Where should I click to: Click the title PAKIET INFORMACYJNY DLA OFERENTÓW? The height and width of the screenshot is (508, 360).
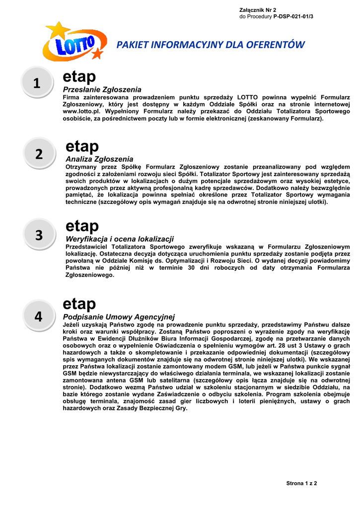coord(210,45)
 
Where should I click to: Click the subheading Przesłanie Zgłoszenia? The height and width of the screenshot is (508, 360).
coord(102,89)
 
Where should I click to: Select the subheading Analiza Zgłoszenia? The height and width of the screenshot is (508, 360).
coord(99,159)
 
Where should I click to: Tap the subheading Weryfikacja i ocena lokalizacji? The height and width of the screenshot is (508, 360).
coord(120,239)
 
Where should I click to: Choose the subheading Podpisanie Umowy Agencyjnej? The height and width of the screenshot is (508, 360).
coord(119,317)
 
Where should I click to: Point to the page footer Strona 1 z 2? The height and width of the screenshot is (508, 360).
coord(301,483)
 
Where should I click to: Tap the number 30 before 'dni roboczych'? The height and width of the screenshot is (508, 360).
coord(191,268)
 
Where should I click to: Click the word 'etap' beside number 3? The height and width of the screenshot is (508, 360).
coord(82,226)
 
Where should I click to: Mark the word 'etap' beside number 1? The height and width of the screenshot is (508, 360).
coord(79,77)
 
